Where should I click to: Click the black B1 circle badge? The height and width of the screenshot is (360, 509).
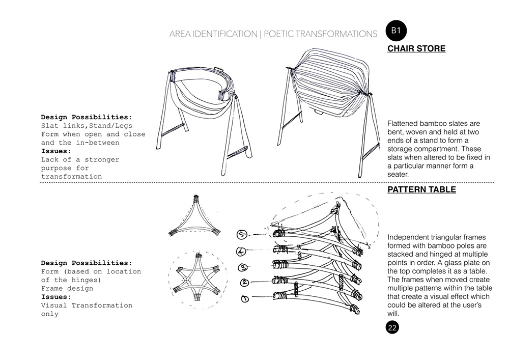tap(397, 31)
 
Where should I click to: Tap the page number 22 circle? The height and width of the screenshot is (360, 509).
tap(392, 327)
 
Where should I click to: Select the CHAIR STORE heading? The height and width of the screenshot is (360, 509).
tap(416, 49)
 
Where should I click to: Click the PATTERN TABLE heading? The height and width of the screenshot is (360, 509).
tap(421, 190)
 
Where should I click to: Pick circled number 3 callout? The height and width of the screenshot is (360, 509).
tap(243, 267)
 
